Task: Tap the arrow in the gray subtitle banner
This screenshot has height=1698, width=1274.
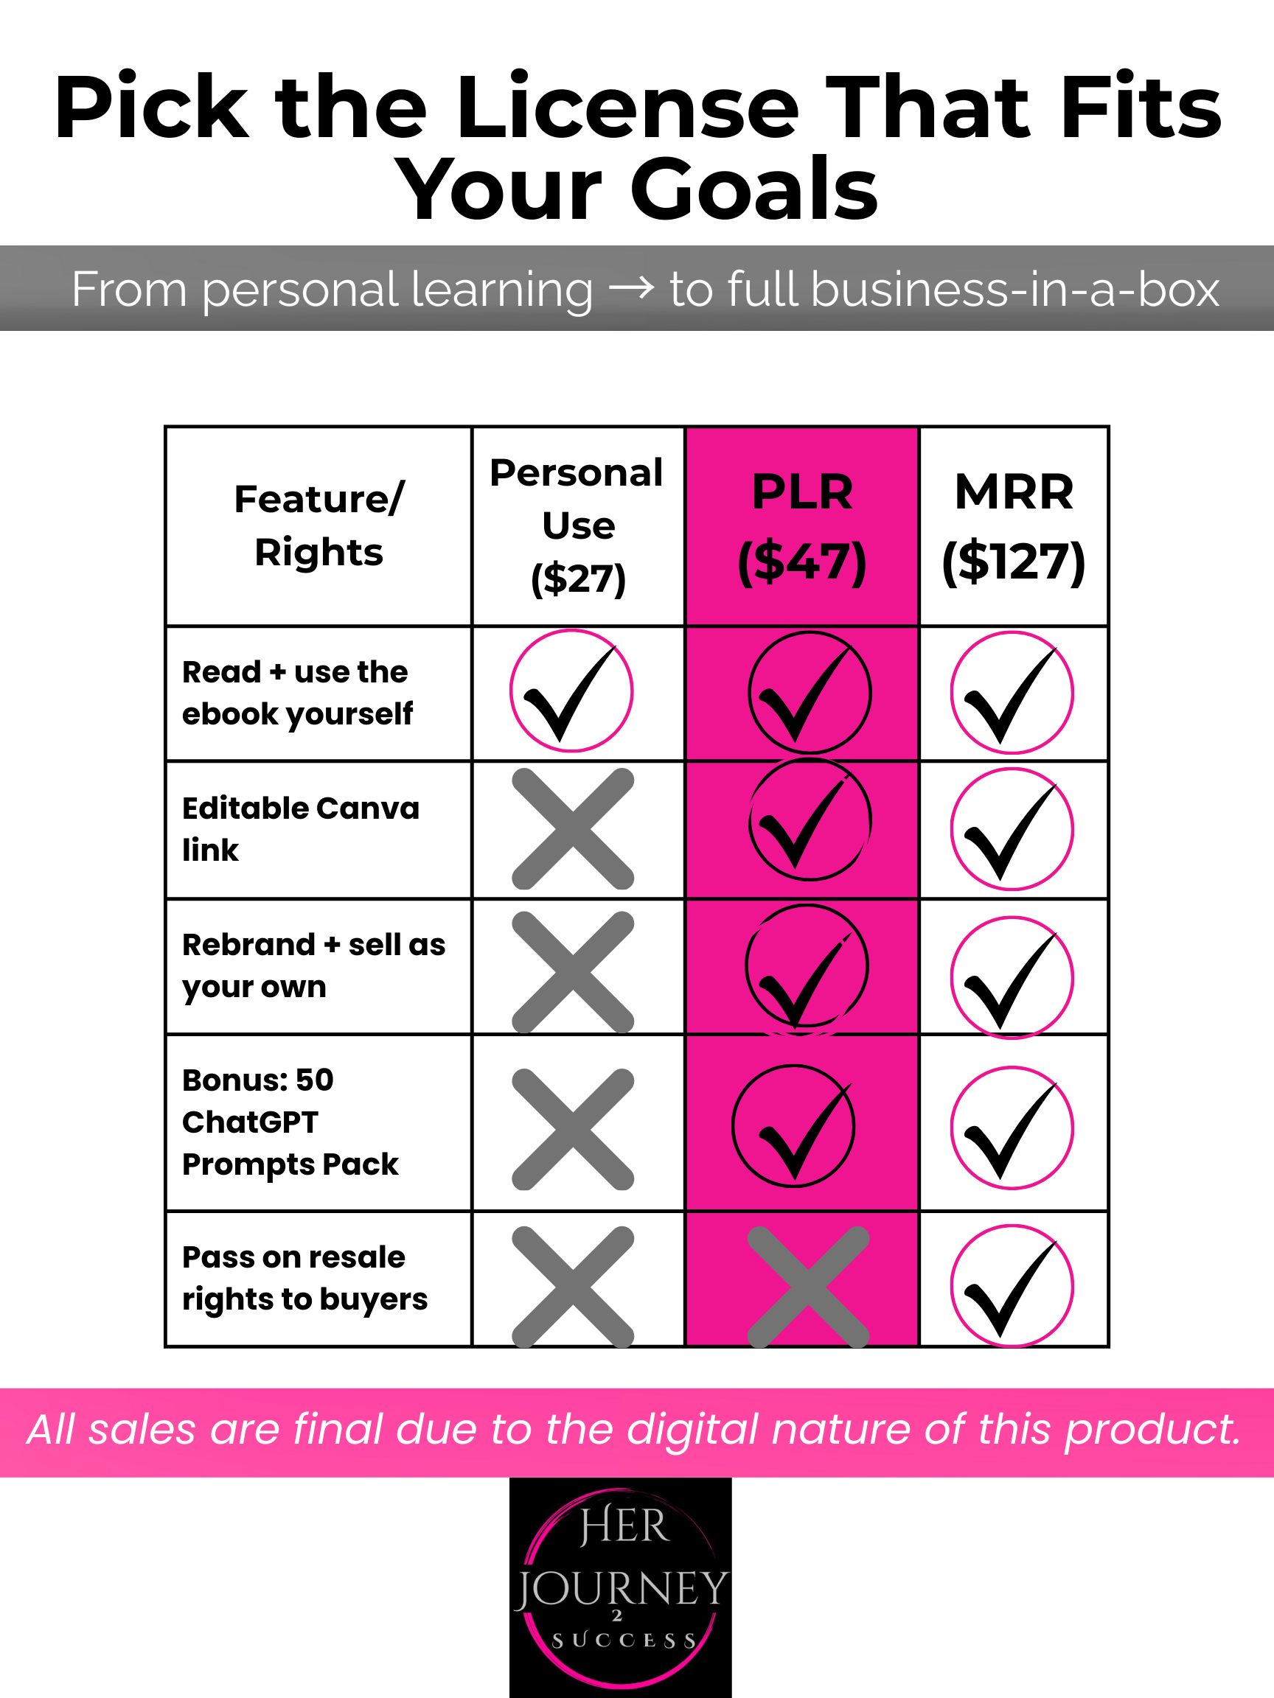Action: [631, 290]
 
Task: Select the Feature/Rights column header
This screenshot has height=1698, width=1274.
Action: [318, 525]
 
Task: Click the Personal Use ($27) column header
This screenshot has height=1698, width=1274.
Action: [577, 525]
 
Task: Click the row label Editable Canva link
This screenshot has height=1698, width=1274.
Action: [300, 829]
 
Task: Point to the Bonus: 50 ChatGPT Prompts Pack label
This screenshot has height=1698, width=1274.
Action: [290, 1122]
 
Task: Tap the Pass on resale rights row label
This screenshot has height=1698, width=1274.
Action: [304, 1278]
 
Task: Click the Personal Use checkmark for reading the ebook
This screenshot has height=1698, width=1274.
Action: [572, 691]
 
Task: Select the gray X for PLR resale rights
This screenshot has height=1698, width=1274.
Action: [808, 1286]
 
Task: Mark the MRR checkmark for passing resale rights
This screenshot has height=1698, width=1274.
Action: [1012, 1286]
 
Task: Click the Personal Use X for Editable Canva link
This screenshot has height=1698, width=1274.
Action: [573, 829]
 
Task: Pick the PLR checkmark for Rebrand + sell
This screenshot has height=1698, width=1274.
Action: [807, 967]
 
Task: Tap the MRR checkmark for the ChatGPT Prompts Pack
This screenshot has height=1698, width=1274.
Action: [1012, 1128]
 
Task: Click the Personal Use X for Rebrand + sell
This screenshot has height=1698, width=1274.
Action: [573, 972]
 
